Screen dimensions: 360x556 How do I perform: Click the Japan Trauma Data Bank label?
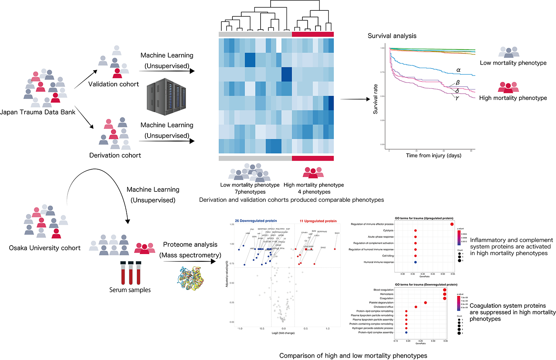(x=37, y=112)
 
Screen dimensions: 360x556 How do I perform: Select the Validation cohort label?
(x=113, y=84)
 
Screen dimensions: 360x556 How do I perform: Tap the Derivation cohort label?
(x=115, y=155)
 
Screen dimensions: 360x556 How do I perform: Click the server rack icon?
(x=166, y=97)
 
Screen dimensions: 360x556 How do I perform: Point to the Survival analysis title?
(x=392, y=36)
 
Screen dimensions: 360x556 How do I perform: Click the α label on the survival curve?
(x=459, y=70)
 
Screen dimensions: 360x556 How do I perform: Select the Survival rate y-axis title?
(x=375, y=99)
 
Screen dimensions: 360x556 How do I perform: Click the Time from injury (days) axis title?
(x=433, y=156)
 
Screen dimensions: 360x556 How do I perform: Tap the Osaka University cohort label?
(x=44, y=248)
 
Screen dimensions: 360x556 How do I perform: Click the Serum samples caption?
(x=130, y=290)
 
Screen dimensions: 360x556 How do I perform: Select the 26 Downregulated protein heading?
(x=256, y=221)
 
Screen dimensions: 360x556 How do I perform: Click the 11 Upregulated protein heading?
(x=318, y=221)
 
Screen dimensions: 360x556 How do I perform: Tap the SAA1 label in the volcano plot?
(x=337, y=233)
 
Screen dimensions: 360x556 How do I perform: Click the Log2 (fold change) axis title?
(x=283, y=333)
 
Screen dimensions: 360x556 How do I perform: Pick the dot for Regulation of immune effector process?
(x=452, y=224)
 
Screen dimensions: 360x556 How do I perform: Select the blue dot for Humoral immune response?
(x=415, y=262)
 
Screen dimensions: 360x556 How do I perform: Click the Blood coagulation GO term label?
(x=383, y=290)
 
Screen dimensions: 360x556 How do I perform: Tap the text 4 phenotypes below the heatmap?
(x=314, y=192)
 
